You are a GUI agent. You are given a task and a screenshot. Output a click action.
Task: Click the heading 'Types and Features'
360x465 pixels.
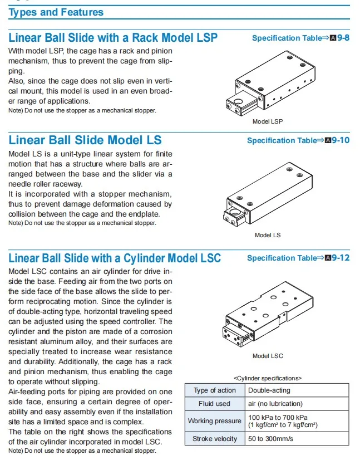[56, 12]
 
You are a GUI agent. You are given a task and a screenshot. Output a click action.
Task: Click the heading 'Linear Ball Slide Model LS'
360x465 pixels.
[85, 140]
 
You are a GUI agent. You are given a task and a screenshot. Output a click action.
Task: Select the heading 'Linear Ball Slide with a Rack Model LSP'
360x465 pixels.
[113, 38]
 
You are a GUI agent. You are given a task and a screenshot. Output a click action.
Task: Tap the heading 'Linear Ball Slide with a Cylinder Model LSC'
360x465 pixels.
[115, 258]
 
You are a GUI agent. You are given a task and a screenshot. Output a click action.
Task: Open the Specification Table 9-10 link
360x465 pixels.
[298, 140]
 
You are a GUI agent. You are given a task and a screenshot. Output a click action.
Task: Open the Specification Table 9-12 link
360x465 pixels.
[298, 258]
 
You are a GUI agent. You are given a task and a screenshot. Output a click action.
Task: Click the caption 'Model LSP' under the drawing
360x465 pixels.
[268, 121]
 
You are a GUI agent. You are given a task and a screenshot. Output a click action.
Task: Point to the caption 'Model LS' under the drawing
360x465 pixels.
[268, 235]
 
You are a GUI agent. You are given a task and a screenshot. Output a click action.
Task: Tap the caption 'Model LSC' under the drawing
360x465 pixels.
[268, 356]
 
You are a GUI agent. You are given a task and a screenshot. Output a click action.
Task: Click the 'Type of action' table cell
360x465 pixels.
[214, 390]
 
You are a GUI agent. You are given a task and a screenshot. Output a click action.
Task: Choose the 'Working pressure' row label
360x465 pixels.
[214, 421]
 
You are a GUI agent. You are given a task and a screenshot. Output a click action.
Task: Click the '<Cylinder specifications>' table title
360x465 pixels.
[267, 378]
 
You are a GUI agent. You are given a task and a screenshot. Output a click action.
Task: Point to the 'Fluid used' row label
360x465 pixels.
[214, 404]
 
